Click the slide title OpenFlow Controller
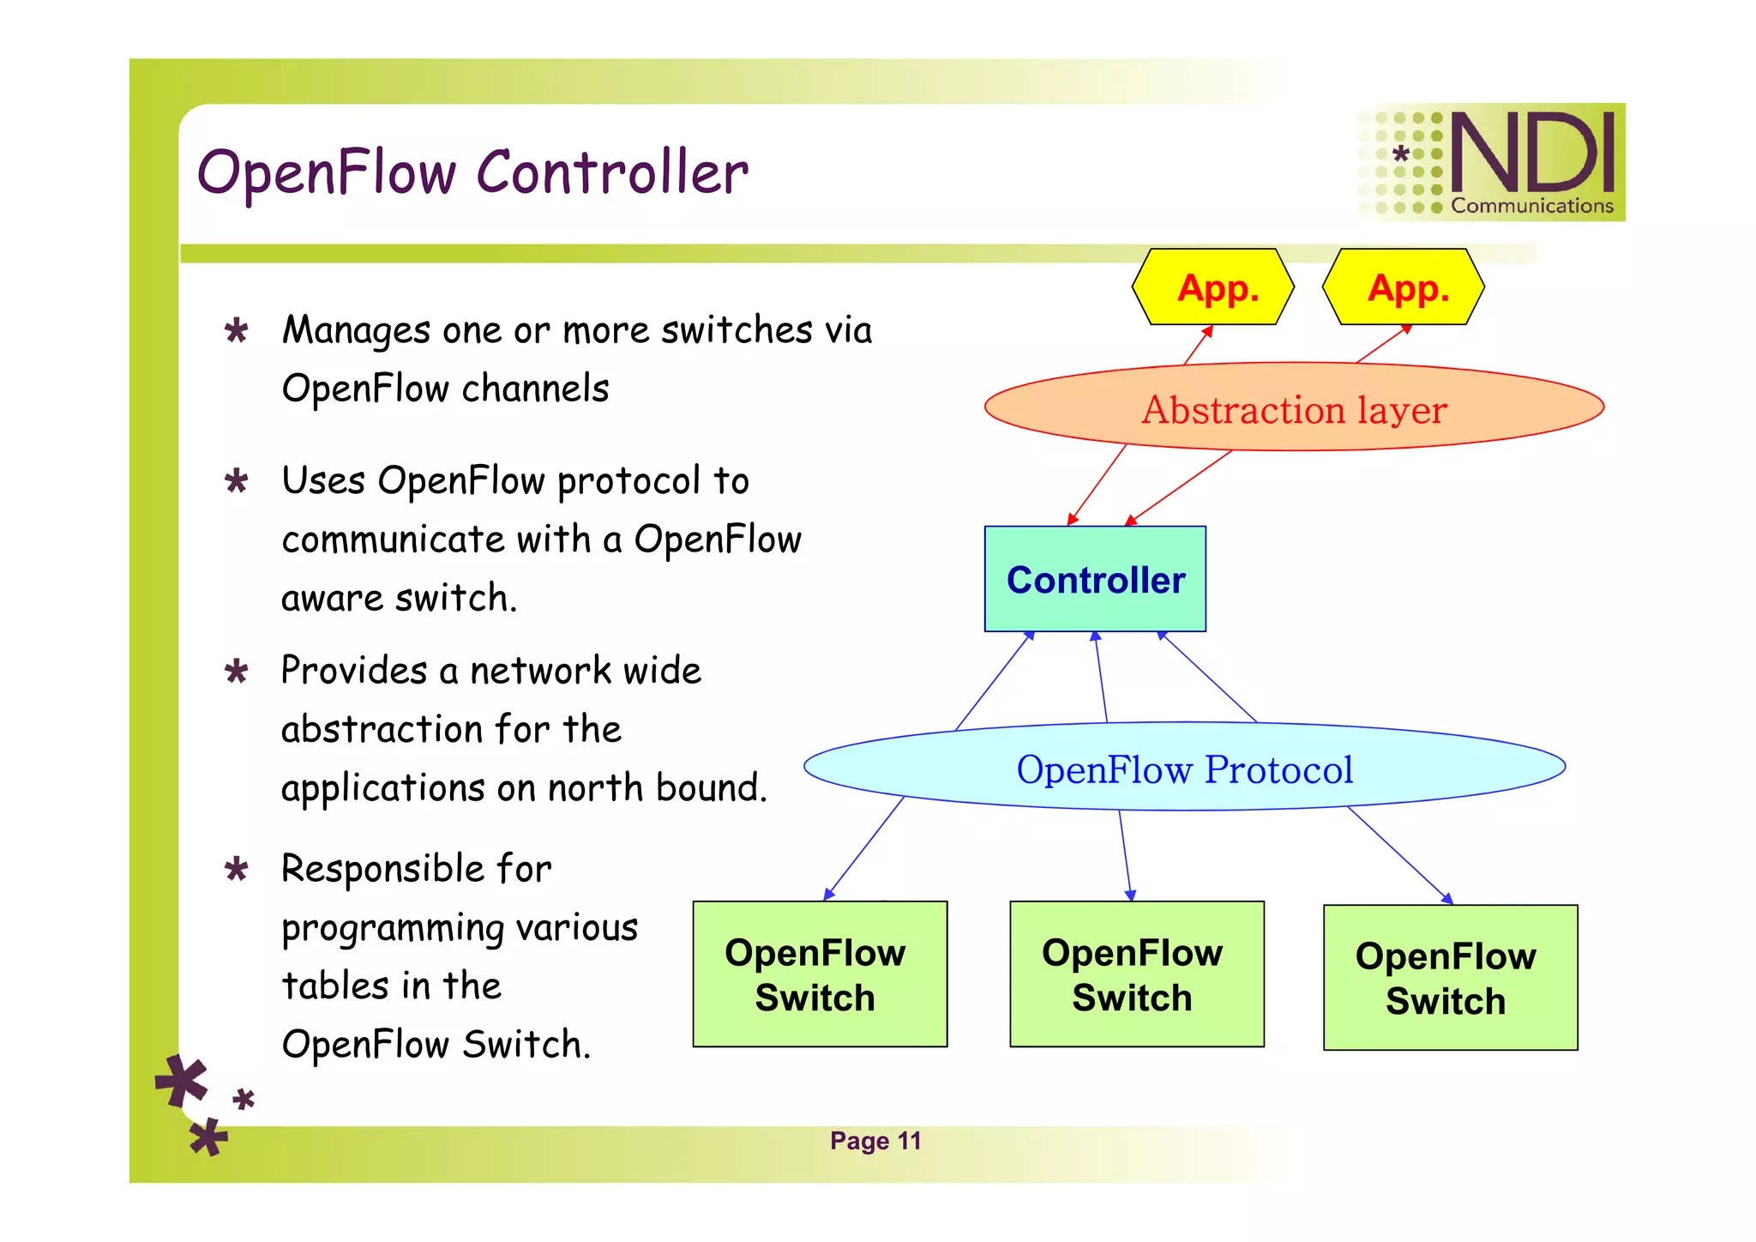click(x=472, y=172)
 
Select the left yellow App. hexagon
click(x=1212, y=287)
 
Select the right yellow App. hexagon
click(x=1404, y=287)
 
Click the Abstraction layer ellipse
click(x=1294, y=408)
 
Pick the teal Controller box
click(x=1095, y=580)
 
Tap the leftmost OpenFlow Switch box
click(x=819, y=974)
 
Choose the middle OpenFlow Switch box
click(x=1136, y=974)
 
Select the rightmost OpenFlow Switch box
click(x=1450, y=978)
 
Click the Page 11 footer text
click(x=875, y=1141)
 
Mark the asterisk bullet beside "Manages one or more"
click(x=237, y=330)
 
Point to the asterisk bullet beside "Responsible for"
click(x=237, y=869)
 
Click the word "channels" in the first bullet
click(x=535, y=389)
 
